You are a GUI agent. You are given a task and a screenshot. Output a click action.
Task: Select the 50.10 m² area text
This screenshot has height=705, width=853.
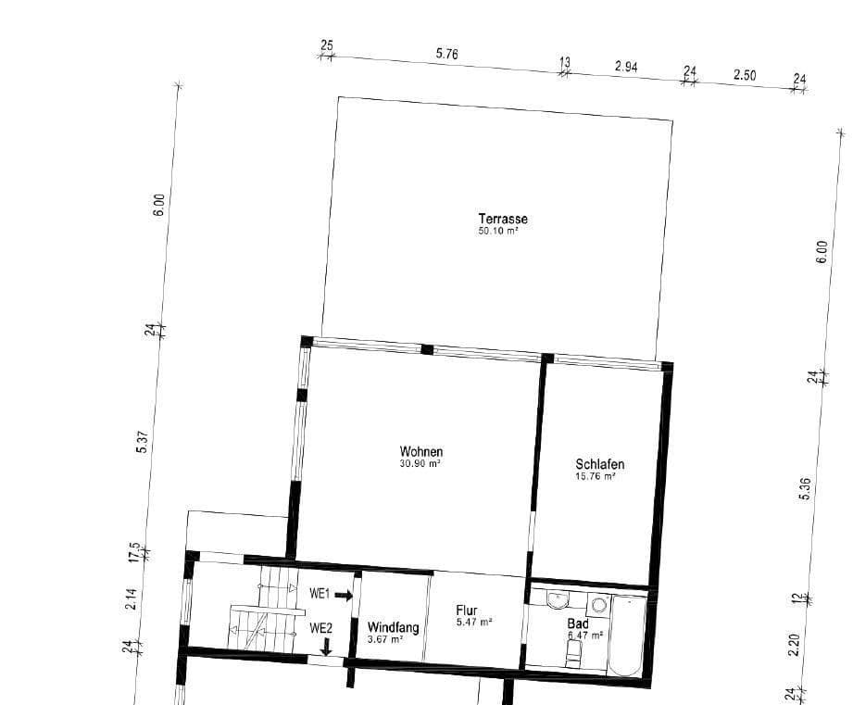[497, 231]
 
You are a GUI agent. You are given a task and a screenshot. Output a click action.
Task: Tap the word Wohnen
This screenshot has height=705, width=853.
[420, 452]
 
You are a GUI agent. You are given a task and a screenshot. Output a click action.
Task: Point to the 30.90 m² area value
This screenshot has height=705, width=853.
[420, 464]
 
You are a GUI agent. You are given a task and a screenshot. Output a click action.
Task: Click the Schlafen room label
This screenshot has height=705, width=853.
[599, 465]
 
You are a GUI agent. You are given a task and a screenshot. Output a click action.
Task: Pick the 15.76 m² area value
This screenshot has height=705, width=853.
[596, 477]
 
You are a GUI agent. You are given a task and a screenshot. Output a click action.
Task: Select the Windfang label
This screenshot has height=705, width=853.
[393, 627]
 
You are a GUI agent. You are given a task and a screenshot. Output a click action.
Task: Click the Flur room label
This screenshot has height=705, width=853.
[467, 611]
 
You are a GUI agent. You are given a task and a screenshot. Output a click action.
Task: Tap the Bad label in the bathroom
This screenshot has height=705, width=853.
[578, 624]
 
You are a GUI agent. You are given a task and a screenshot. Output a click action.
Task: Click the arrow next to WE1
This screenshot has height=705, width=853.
[344, 595]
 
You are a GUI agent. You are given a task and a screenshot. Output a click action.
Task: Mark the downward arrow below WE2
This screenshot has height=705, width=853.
[325, 646]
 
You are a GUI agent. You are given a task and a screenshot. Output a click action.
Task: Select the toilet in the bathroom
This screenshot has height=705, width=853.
[573, 656]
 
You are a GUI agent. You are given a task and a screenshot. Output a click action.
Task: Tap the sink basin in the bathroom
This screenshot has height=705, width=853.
[558, 598]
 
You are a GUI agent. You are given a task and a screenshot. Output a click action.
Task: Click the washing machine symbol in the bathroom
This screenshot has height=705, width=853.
[598, 605]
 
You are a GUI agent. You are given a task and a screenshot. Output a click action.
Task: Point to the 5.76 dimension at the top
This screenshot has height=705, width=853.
[447, 54]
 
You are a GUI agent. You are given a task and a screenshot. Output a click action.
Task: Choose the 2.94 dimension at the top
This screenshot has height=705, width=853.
[627, 68]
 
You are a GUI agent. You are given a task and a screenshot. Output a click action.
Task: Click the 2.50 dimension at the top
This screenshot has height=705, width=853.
[745, 75]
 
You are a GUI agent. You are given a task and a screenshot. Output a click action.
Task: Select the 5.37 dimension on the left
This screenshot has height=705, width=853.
[142, 442]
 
